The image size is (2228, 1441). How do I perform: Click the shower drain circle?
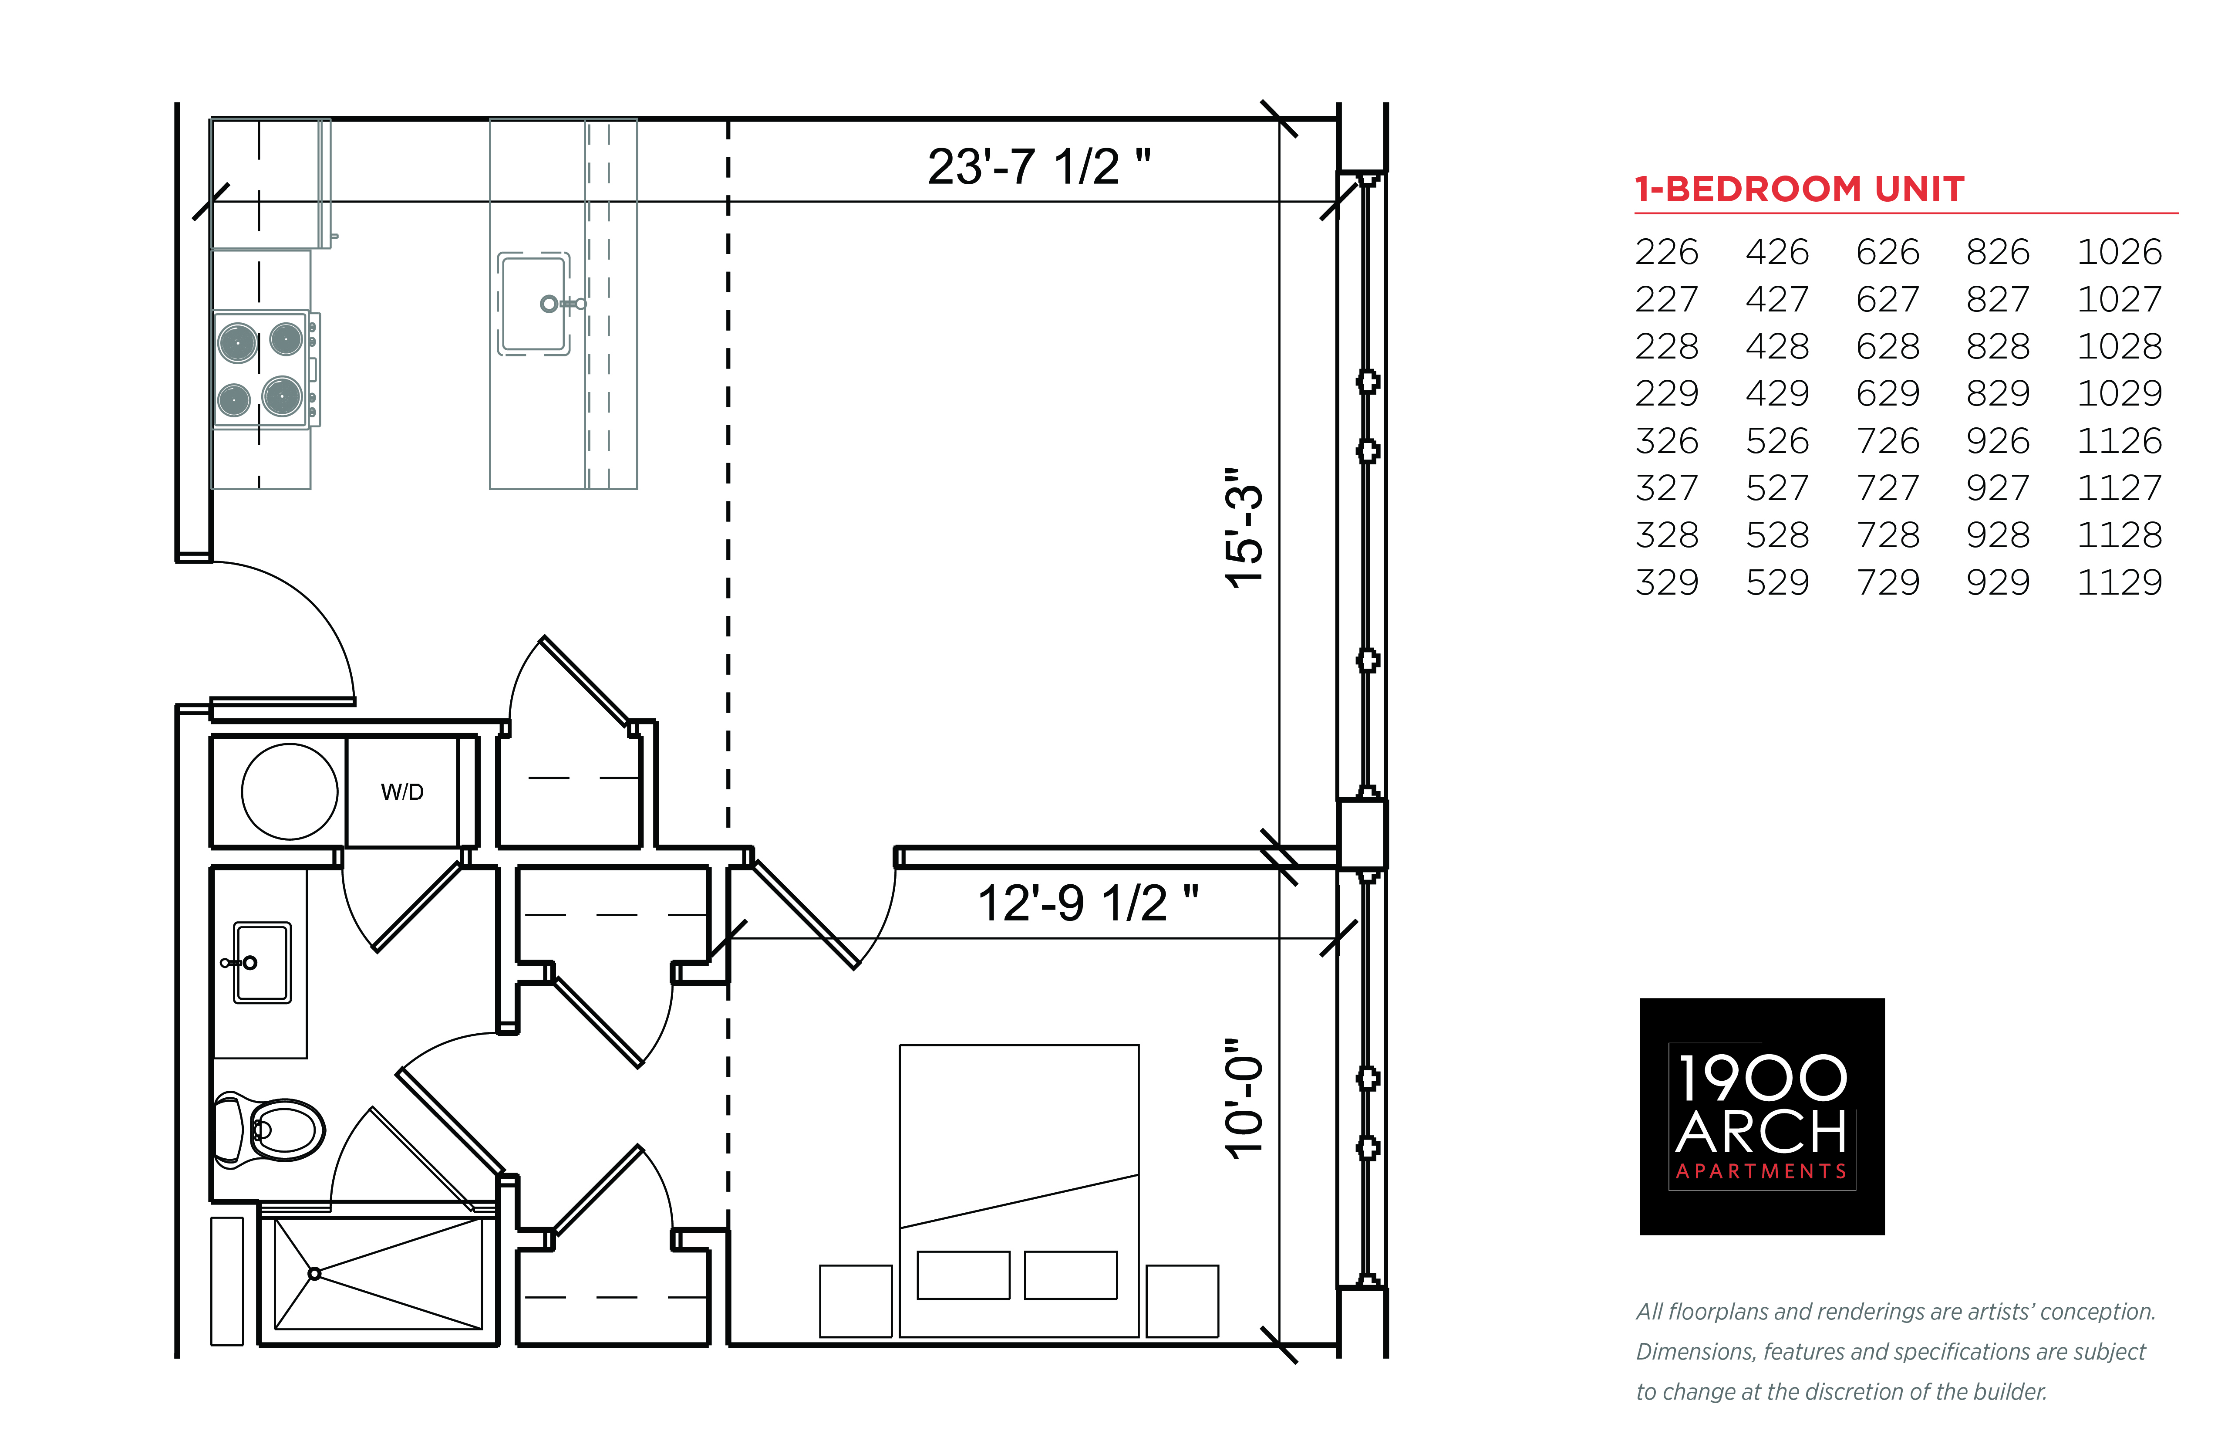tap(314, 1273)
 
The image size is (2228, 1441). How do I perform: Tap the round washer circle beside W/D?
tap(290, 792)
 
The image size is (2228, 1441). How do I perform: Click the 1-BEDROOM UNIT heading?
tap(1799, 189)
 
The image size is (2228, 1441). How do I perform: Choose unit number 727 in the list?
tap(1888, 487)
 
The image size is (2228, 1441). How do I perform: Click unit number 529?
tap(1777, 582)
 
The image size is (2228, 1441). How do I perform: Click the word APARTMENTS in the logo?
tap(1761, 1171)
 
